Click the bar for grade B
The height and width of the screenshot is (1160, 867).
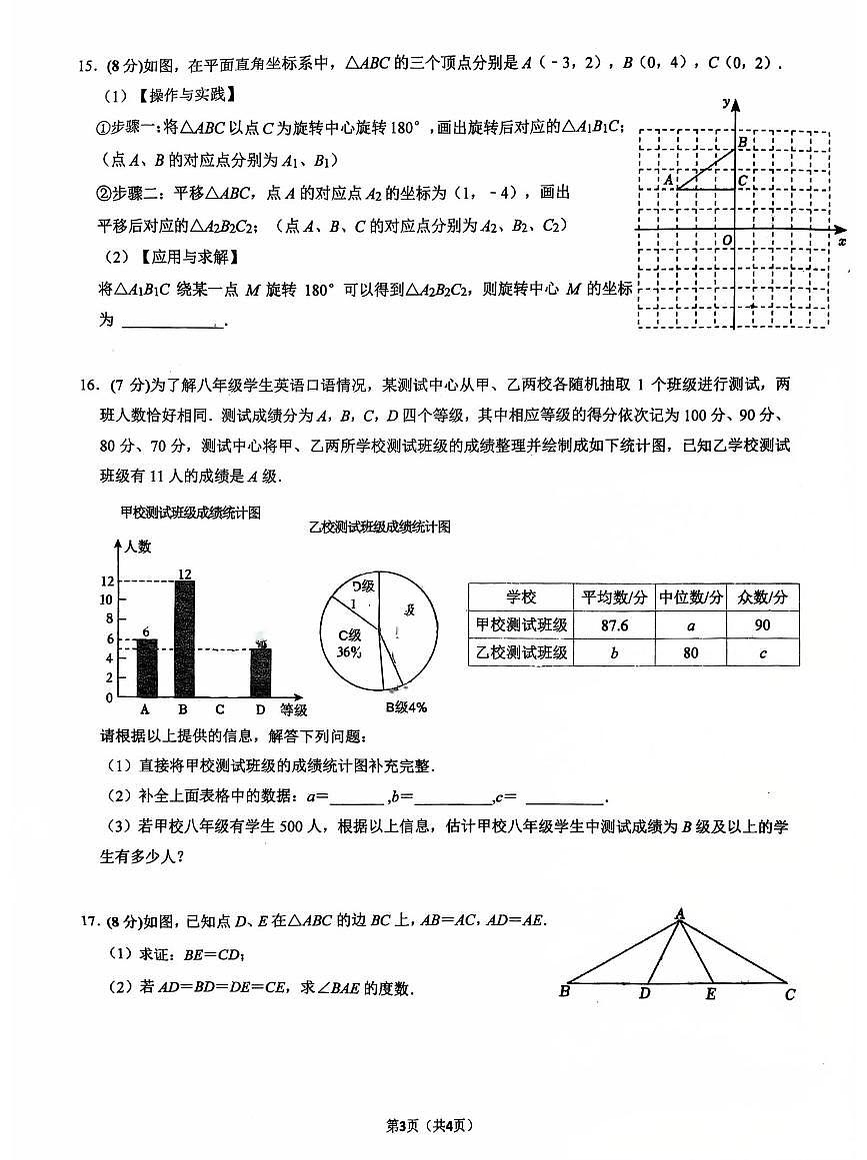(184, 639)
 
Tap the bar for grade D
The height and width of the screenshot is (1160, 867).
(260, 672)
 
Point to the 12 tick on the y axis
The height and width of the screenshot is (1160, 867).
(107, 581)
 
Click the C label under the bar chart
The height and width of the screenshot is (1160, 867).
(220, 710)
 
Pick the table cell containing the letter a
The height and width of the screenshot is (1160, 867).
(691, 625)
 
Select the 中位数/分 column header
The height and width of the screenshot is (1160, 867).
(691, 597)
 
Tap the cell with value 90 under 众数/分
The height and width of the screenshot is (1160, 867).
(763, 625)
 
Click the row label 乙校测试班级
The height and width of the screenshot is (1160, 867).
(521, 652)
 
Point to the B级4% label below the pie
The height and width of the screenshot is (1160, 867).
(406, 707)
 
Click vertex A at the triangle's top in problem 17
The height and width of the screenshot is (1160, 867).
(679, 912)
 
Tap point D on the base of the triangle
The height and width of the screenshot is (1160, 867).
(645, 992)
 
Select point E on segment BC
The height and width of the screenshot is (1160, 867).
(711, 993)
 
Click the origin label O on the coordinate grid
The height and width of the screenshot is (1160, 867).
(726, 240)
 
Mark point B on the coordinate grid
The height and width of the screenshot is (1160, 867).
(742, 144)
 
